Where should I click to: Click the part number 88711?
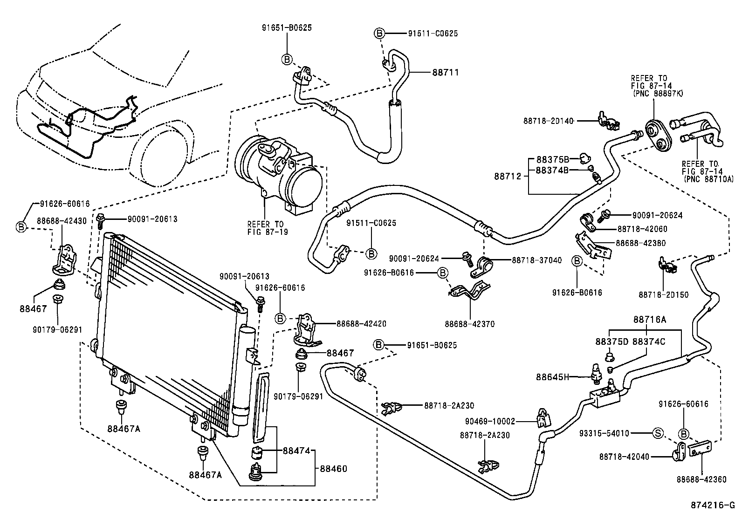[x=446, y=72]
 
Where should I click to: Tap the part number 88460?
[x=333, y=469]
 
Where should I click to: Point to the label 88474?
[x=296, y=451]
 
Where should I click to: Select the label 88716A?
[x=650, y=320]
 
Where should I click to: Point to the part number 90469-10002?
[x=490, y=421]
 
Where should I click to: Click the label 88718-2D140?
[x=548, y=121]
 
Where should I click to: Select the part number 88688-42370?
[x=469, y=324]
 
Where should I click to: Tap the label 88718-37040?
[x=536, y=260]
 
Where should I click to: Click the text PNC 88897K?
[x=660, y=94]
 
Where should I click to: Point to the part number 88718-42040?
[x=624, y=457]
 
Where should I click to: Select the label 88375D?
[x=611, y=341]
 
